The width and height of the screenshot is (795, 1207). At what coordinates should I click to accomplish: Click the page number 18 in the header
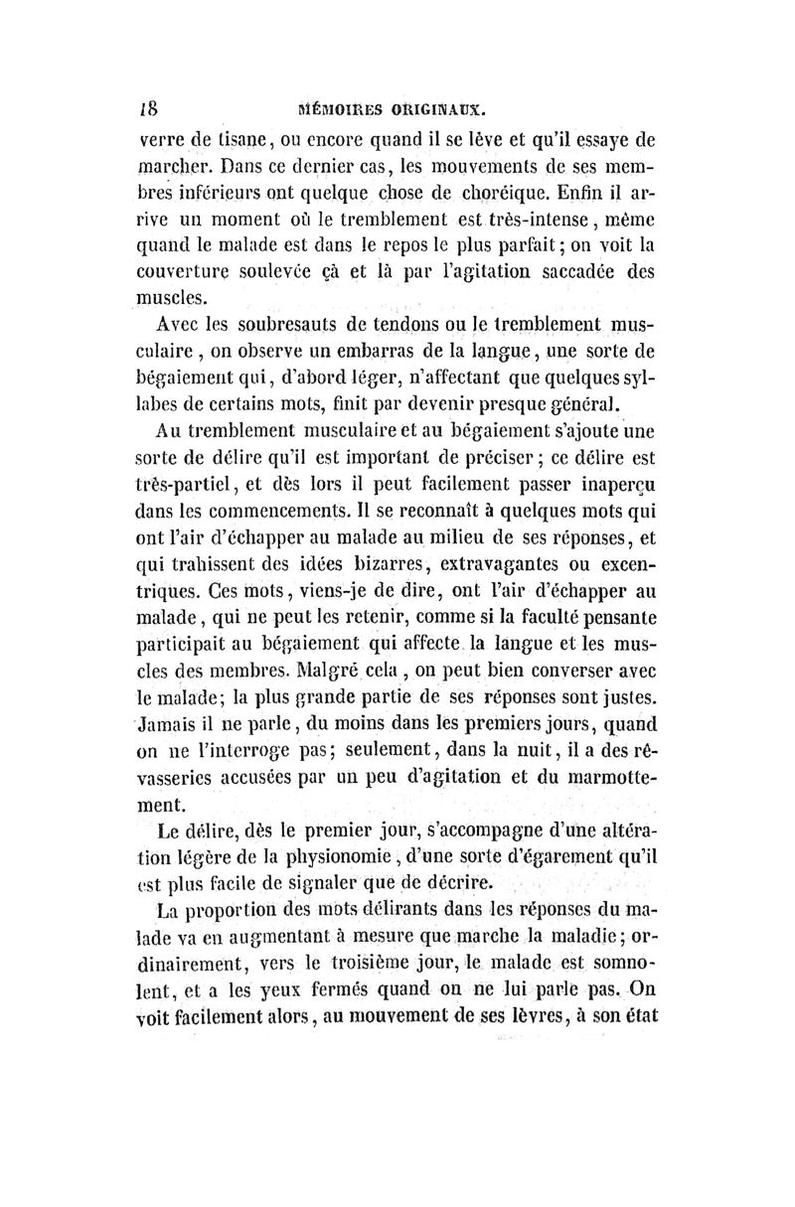(142, 106)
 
